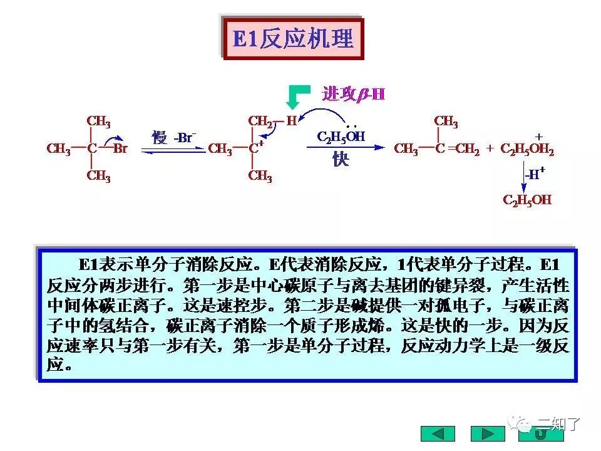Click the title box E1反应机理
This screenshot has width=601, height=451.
pyautogui.click(x=293, y=38)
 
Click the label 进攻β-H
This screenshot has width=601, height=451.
pyautogui.click(x=353, y=94)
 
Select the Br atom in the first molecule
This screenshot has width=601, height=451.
pyautogui.click(x=120, y=149)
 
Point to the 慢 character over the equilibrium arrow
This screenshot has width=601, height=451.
pyautogui.click(x=160, y=137)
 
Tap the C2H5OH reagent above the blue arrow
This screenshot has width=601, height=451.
pyautogui.click(x=341, y=137)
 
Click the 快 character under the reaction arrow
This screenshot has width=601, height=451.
pyautogui.click(x=341, y=160)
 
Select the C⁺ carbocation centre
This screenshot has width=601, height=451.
pyautogui.click(x=254, y=149)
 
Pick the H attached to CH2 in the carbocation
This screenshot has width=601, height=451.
pyautogui.click(x=291, y=121)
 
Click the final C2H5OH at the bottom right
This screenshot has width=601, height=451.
pyautogui.click(x=527, y=200)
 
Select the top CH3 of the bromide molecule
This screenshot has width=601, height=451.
pyautogui.click(x=98, y=121)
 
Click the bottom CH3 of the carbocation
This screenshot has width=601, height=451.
pyautogui.click(x=260, y=176)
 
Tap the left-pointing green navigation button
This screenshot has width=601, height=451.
pyautogui.click(x=438, y=433)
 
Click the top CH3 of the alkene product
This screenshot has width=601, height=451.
pyautogui.click(x=446, y=121)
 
